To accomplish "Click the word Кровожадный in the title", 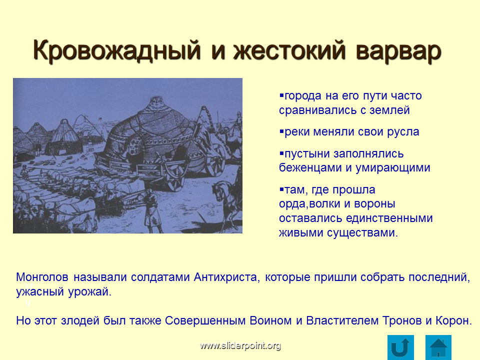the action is tap(116, 50).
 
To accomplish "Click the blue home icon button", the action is tap(438, 347).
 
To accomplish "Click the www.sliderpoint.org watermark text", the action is tap(240, 345).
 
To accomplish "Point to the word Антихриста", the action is tap(227, 277).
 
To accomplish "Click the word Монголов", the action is tap(42, 277).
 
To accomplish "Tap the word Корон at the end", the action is tap(452, 320).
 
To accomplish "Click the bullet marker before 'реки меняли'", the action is tap(281, 131).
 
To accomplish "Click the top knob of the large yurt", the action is tap(156, 100).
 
